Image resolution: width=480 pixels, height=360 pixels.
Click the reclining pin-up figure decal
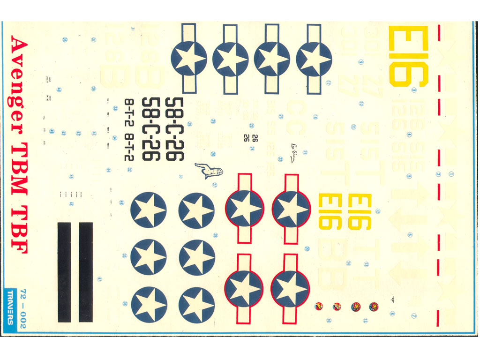tap(209, 171)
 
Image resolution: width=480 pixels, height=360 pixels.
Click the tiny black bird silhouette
tap(392, 297)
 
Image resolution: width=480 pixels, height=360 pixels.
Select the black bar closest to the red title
tap(64, 272)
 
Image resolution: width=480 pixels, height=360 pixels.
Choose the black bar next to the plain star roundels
tap(86, 272)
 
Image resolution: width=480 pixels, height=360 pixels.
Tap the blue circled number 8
tap(392, 314)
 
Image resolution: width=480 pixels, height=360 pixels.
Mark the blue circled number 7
tap(414, 315)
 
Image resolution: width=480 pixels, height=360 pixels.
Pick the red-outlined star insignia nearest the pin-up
tap(244, 208)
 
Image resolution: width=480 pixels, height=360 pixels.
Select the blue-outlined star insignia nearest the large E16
tap(314, 59)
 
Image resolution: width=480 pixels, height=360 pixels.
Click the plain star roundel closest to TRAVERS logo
tap(149, 304)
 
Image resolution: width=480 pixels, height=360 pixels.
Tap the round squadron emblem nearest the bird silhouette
tap(374, 307)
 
